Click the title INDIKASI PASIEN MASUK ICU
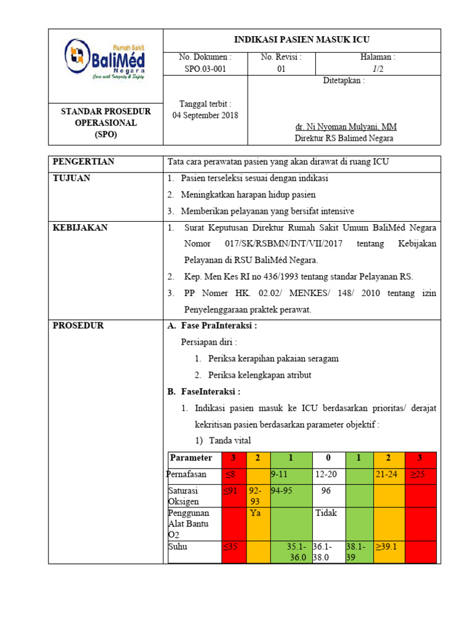302,39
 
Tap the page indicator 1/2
377,69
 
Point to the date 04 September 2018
205,115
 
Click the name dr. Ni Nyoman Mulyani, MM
345,127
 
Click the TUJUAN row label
72,178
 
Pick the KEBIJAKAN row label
81,228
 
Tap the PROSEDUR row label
78,326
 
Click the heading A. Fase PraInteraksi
212,326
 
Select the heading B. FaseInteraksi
204,392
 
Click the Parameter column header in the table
191,458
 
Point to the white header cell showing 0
328,458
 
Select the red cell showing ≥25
420,475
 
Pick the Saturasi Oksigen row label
184,496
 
